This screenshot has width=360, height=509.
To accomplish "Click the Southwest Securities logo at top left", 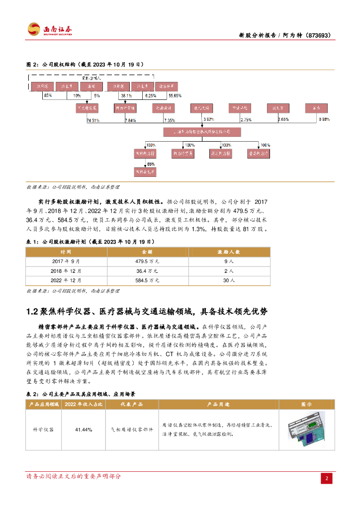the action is point(50,29).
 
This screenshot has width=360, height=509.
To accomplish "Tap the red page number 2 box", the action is point(327,478).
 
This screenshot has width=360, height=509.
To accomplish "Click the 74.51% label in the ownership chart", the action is point(92,120).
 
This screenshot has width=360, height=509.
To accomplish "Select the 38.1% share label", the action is point(126,95).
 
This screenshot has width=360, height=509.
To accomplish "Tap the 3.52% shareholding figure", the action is point(209,119).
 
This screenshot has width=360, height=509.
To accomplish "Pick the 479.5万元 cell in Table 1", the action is point(146,261).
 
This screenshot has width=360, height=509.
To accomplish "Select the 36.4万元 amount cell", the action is point(146,271).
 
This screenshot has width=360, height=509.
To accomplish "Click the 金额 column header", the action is point(146,252).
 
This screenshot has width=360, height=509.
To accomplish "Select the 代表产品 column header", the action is point(132,405).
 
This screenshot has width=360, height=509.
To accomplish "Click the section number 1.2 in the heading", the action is point(32,312).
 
